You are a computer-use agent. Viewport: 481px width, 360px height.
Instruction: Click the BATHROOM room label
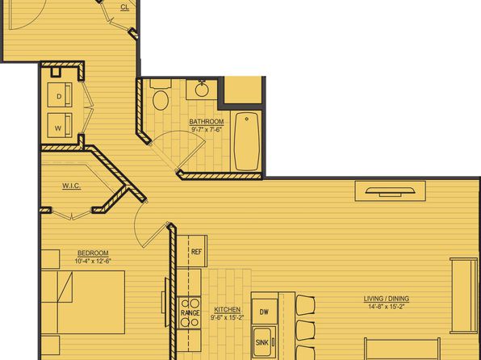click(207, 122)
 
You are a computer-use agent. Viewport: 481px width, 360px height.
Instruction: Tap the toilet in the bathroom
click(161, 96)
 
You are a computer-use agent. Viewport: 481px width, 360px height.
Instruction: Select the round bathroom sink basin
click(202, 90)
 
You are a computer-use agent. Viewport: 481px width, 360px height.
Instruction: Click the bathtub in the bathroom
click(247, 141)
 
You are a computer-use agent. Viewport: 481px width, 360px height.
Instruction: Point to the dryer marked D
click(60, 94)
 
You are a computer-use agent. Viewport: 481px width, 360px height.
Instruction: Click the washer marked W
click(60, 125)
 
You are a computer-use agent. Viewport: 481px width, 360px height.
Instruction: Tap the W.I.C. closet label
click(72, 186)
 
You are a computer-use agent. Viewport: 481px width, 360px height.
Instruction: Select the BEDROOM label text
click(93, 253)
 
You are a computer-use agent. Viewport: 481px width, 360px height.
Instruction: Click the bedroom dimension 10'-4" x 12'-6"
click(93, 262)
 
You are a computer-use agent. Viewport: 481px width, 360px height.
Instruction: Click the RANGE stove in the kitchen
click(190, 312)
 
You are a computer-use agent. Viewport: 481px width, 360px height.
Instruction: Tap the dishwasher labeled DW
click(264, 312)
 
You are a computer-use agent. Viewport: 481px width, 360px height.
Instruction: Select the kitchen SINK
click(263, 341)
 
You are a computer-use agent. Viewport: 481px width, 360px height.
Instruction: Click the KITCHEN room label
click(227, 309)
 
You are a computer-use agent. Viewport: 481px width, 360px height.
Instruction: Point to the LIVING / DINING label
click(387, 299)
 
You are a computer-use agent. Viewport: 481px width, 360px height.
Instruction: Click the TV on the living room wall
click(390, 191)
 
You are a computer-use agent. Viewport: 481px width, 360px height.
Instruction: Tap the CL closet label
click(125, 7)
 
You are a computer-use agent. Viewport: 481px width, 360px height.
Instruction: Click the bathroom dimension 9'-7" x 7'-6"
click(207, 129)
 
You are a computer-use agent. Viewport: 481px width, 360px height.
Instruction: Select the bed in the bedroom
click(83, 302)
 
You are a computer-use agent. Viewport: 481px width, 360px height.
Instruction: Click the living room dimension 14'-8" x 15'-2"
click(387, 306)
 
